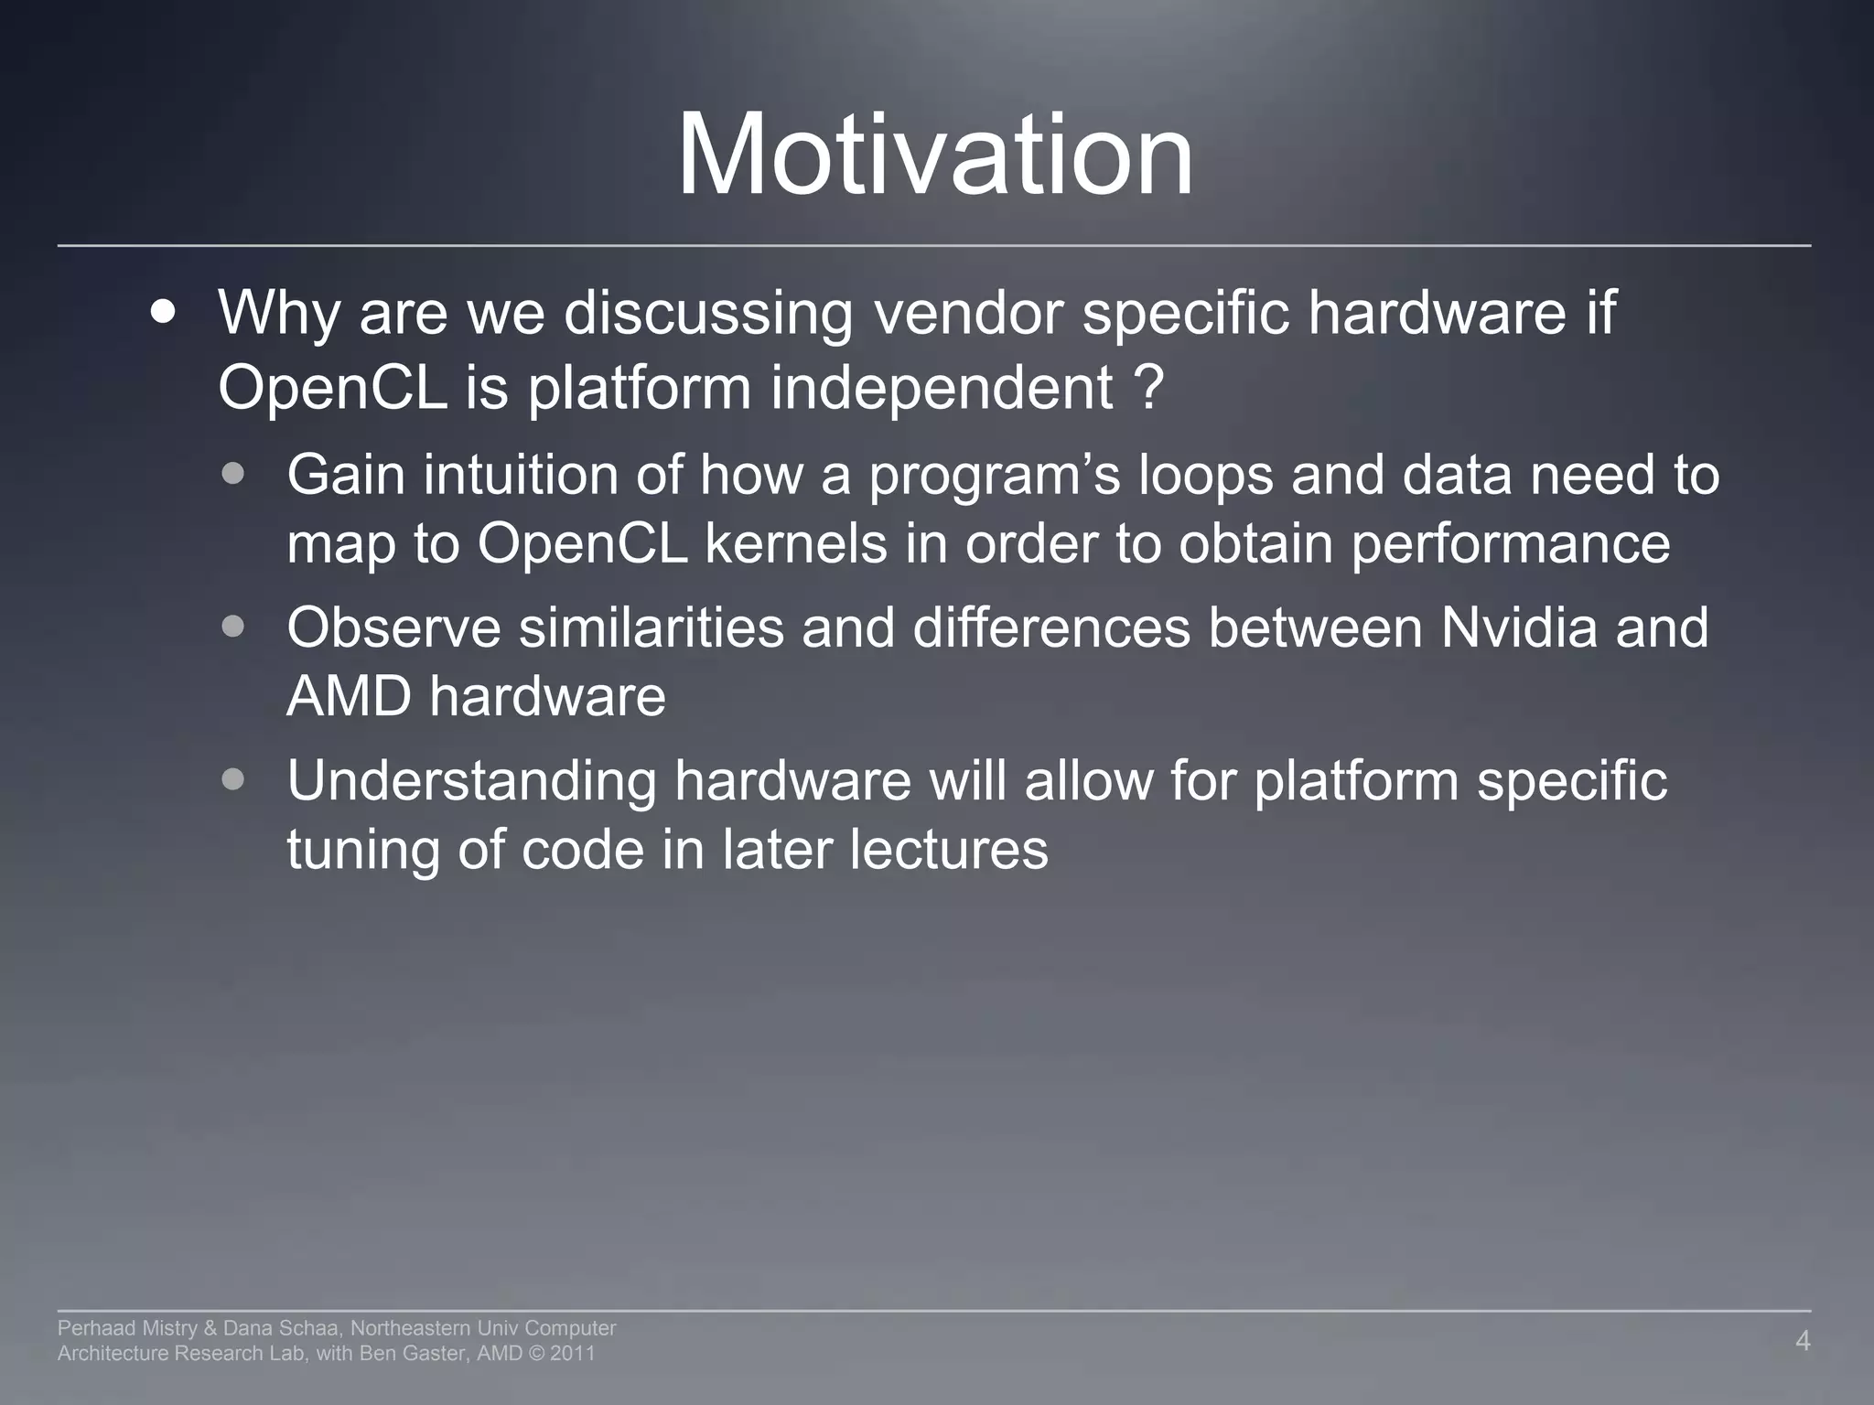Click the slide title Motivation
tap(935, 156)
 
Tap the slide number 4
tap(1802, 1341)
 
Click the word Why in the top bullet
tap(278, 313)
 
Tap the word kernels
tap(795, 543)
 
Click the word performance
tap(1510, 545)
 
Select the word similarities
tap(652, 627)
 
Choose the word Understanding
tap(471, 782)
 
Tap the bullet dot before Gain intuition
tap(233, 474)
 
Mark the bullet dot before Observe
tap(233, 627)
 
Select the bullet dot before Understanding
tap(233, 780)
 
